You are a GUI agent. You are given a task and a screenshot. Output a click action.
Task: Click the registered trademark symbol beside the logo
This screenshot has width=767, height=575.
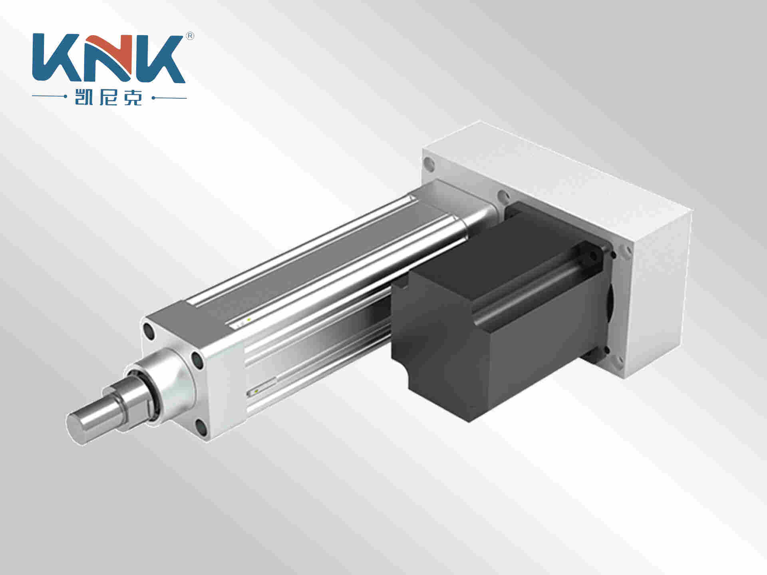(x=190, y=36)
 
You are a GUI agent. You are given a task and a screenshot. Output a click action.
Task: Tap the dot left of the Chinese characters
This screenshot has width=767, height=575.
(x=65, y=97)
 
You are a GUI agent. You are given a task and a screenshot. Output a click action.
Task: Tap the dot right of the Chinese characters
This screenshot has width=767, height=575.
(x=153, y=97)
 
